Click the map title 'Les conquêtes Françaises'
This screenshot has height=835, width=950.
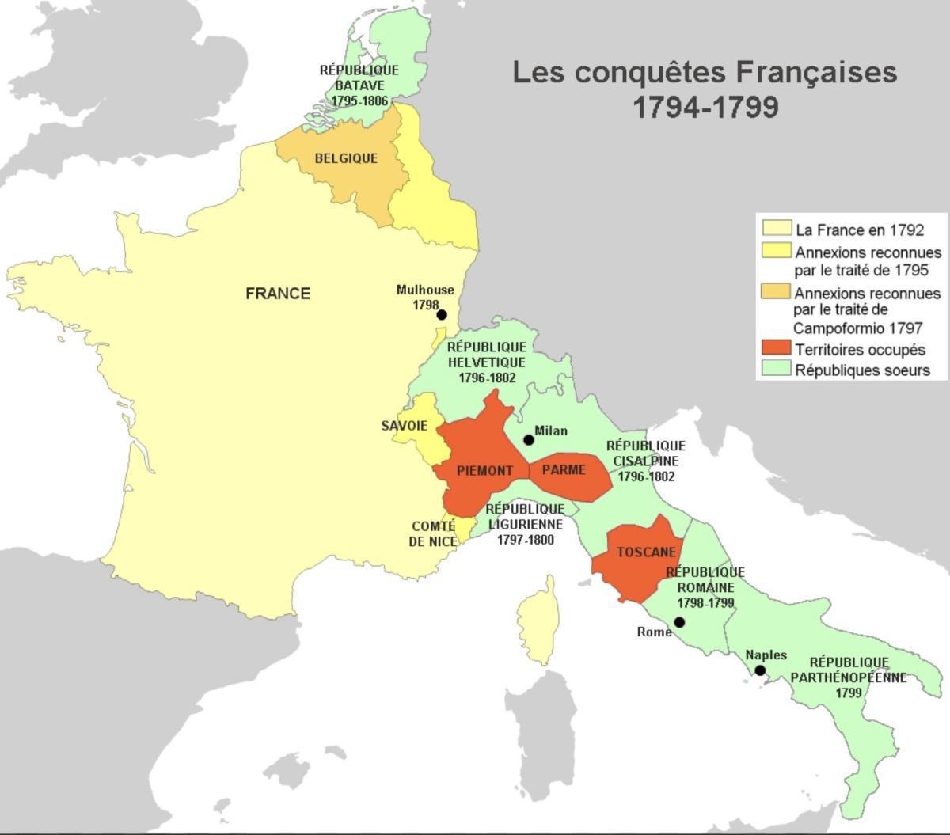coord(705,72)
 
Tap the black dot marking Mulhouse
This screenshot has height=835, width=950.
coord(442,314)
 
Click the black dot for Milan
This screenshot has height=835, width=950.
coord(529,440)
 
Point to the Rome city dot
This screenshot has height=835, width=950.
coord(679,622)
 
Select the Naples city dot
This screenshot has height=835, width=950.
coord(760,670)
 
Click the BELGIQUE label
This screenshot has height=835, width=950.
coord(346,158)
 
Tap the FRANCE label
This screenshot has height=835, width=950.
coord(278,294)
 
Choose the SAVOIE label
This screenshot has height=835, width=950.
coord(404,426)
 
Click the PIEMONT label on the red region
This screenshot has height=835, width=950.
coord(484,471)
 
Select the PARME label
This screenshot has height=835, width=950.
coord(564,470)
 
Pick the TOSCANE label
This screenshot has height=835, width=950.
coord(647,552)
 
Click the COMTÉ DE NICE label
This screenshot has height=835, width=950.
coord(433,534)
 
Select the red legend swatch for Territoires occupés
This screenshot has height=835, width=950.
coord(776,348)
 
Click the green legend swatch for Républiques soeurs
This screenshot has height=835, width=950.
coord(776,369)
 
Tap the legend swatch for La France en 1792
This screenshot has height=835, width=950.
coord(776,229)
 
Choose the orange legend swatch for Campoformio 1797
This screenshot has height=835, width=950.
coord(776,290)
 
